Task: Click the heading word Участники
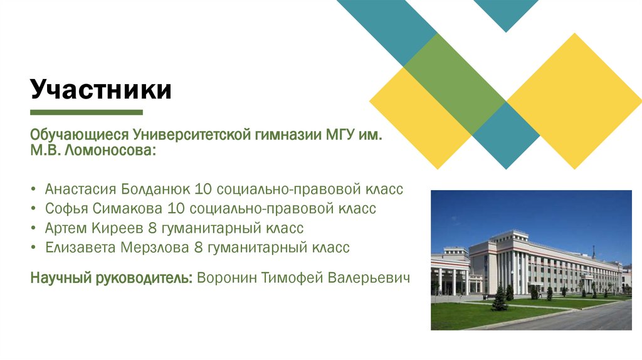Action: [101, 90]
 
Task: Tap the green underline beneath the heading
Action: [87, 113]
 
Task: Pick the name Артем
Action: [66, 228]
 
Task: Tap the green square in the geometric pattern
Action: [455, 83]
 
